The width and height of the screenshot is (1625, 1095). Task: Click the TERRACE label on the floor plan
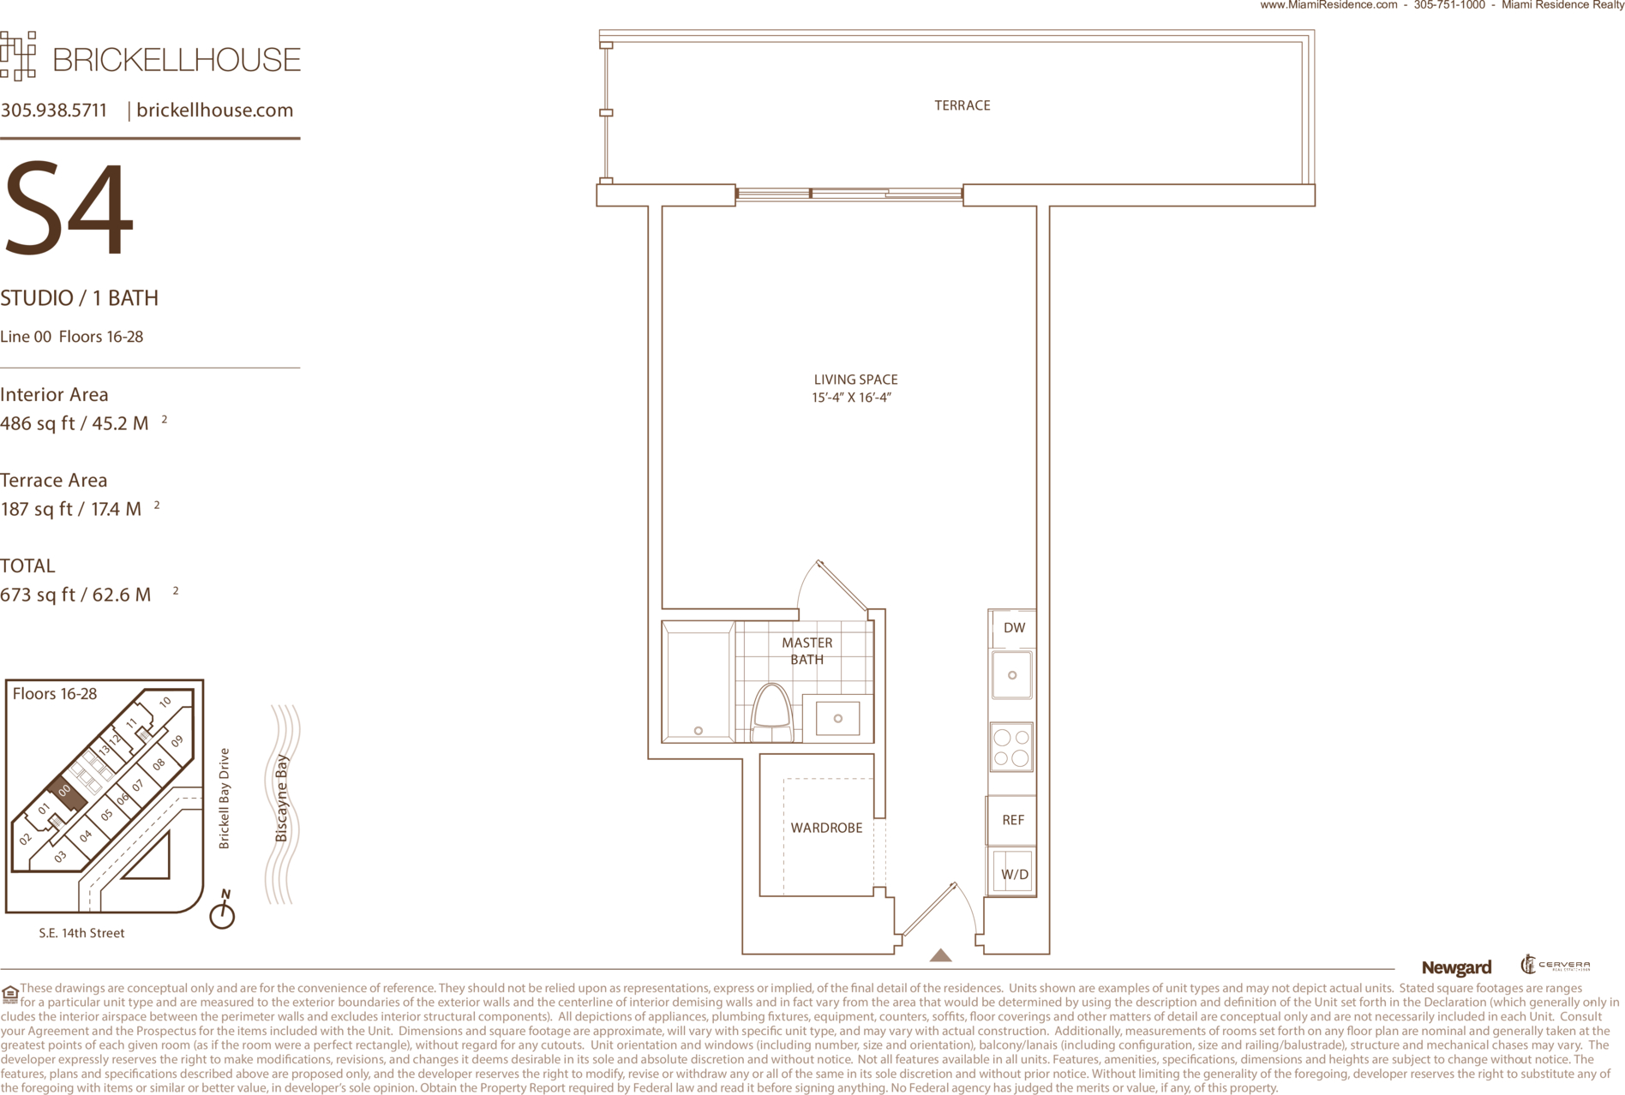(962, 105)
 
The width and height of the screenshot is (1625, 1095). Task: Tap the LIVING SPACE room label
(855, 380)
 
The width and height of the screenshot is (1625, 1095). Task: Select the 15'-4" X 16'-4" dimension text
(852, 398)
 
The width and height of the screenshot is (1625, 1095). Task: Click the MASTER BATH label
(807, 651)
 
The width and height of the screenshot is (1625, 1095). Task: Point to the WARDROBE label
(826, 828)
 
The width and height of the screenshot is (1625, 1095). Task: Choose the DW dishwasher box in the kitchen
(1012, 628)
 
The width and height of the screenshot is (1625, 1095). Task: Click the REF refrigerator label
(1013, 820)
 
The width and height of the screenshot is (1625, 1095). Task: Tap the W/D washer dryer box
(1013, 872)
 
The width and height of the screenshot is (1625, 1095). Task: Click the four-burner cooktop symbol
(1011, 747)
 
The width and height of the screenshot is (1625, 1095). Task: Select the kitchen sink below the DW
(1012, 675)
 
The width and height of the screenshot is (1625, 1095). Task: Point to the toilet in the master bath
(772, 713)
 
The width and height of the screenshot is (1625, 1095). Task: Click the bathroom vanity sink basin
(837, 718)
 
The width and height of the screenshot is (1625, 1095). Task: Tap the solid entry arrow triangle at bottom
(940, 955)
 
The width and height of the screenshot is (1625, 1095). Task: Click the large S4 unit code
(69, 209)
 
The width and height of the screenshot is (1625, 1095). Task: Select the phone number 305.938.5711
(54, 111)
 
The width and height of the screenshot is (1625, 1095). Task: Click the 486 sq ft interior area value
(75, 423)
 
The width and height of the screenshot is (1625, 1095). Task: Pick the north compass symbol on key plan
(223, 911)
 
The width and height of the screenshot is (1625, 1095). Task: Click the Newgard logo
(1456, 968)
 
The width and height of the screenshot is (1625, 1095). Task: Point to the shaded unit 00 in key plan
(66, 793)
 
